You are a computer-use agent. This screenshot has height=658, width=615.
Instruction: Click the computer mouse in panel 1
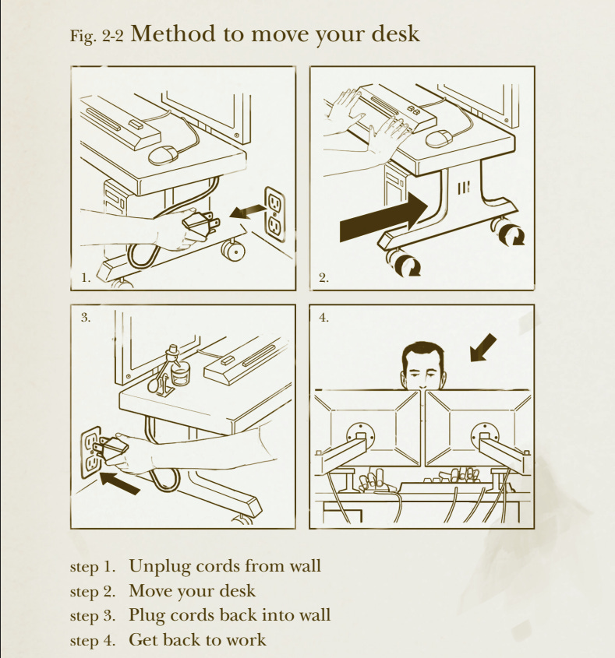pyautogui.click(x=164, y=155)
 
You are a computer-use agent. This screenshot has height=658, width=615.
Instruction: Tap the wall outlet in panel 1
pyautogui.click(x=274, y=214)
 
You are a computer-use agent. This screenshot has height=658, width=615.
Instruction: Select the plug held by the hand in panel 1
pyautogui.click(x=200, y=224)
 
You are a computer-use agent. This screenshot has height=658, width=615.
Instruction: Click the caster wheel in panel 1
pyautogui.click(x=233, y=251)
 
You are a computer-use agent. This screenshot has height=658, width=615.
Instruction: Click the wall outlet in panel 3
pyautogui.click(x=91, y=452)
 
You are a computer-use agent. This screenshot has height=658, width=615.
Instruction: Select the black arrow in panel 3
pyautogui.click(x=120, y=483)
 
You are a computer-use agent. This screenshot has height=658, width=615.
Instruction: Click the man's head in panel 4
pyautogui.click(x=423, y=366)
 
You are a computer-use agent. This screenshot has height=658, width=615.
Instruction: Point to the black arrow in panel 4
pyautogui.click(x=482, y=348)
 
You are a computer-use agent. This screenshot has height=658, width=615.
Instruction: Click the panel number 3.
pyautogui.click(x=85, y=318)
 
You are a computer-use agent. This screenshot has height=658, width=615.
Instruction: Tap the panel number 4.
pyautogui.click(x=323, y=318)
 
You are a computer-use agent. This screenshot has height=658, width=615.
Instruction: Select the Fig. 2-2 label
pyautogui.click(x=97, y=36)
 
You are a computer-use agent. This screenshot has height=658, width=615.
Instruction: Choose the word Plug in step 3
pyautogui.click(x=147, y=616)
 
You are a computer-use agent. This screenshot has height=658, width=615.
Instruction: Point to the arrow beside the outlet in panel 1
pyautogui.click(x=248, y=212)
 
